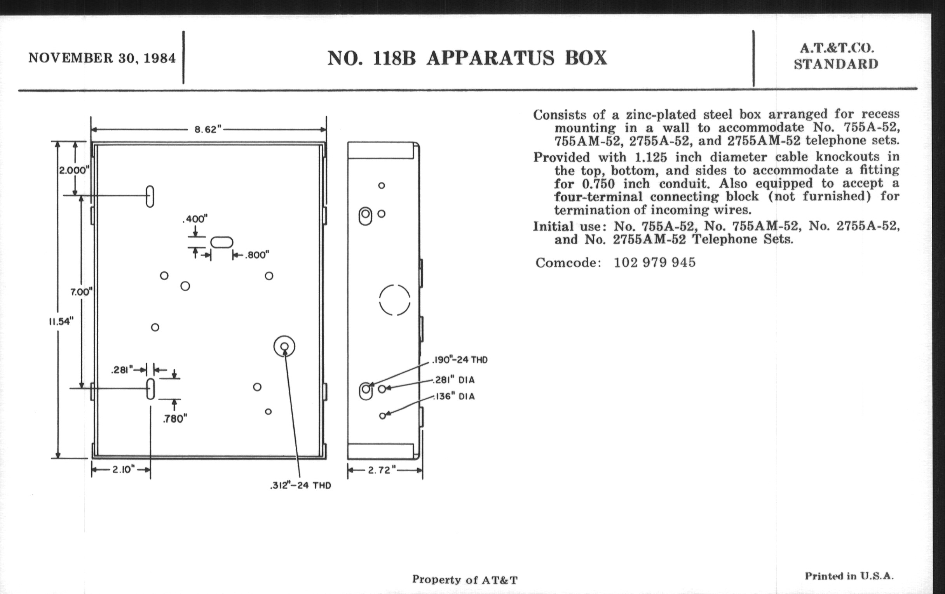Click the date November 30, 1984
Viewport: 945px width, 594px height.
click(102, 58)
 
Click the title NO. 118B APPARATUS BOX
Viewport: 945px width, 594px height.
click(467, 58)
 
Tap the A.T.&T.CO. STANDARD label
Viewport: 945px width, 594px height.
click(836, 56)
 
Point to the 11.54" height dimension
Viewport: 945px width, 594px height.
click(61, 321)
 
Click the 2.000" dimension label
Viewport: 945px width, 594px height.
click(74, 170)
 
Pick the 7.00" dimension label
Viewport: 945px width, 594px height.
click(81, 292)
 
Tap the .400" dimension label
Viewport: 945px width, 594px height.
click(195, 219)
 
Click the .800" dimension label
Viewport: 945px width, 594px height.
click(257, 255)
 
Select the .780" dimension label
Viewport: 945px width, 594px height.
click(175, 419)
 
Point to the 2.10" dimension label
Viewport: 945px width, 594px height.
click(124, 469)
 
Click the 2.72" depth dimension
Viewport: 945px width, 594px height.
click(382, 470)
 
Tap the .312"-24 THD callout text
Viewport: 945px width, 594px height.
click(301, 485)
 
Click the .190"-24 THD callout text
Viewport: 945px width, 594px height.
click(460, 360)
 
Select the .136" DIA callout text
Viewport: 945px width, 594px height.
click(454, 396)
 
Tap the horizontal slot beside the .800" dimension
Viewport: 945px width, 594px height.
click(222, 242)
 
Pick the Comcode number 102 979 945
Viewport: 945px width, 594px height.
click(655, 262)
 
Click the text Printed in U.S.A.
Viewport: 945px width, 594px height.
click(849, 576)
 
